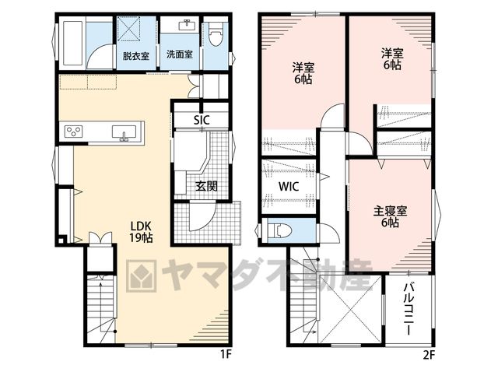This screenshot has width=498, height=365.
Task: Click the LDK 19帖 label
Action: click(142, 232)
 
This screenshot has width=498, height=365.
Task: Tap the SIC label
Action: click(202, 120)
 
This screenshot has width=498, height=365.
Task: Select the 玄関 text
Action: click(206, 186)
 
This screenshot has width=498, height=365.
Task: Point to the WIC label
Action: click(289, 186)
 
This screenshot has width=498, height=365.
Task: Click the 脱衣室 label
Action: click(136, 56)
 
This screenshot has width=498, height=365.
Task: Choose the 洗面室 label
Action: click(180, 54)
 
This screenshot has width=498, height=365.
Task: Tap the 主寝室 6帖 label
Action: click(390, 216)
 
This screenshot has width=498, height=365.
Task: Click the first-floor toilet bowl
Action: click(216, 36)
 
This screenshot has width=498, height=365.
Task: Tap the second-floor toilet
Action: click(279, 230)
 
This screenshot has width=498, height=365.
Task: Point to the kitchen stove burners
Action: click(74, 132)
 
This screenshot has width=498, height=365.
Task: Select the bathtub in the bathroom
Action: click(72, 43)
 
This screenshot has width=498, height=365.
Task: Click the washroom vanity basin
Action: click(187, 25)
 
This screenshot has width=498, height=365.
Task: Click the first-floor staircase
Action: click(101, 308)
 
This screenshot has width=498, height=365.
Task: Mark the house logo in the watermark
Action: click(142, 276)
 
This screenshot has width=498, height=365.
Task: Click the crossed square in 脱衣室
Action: click(128, 29)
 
